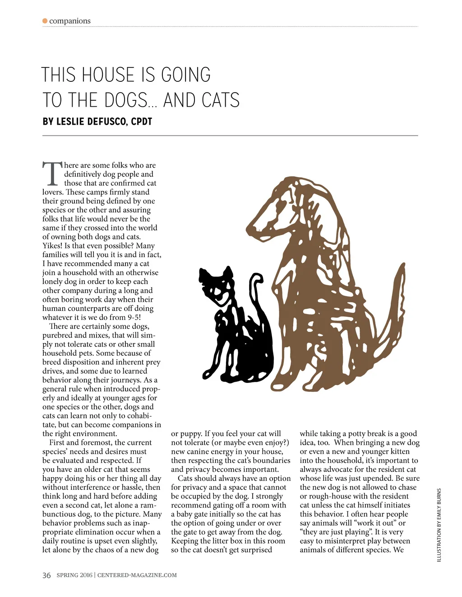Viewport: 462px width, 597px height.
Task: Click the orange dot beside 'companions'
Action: [x=45, y=21]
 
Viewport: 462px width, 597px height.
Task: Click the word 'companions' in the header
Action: [x=70, y=21]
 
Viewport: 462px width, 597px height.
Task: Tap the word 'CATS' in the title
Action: [x=221, y=100]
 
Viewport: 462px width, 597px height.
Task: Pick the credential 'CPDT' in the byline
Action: [x=142, y=122]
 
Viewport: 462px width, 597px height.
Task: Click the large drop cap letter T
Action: [x=53, y=174]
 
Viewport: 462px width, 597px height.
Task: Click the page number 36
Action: [x=46, y=575]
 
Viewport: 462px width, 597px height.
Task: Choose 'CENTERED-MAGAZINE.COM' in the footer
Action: [x=137, y=575]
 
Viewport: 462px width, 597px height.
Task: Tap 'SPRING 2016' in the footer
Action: [x=74, y=575]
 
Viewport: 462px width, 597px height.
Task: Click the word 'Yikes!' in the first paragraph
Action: [x=52, y=246]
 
